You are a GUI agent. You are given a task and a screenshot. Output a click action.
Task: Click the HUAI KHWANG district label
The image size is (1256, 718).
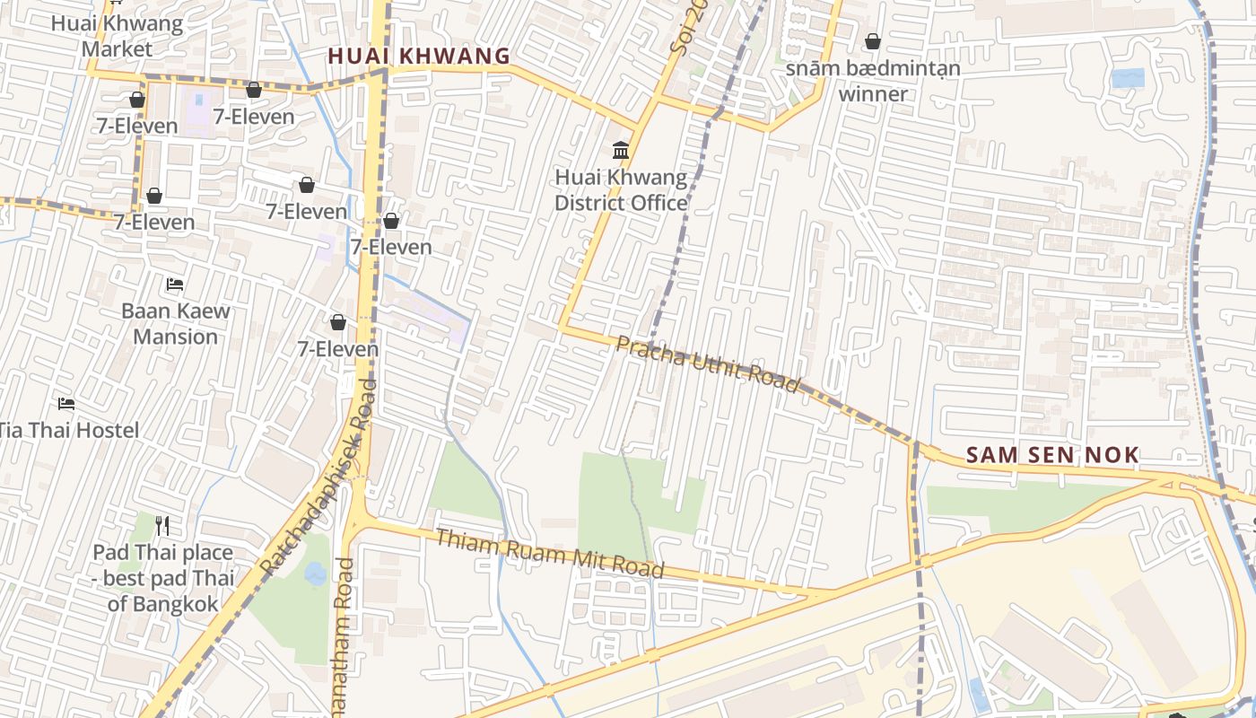tap(419, 56)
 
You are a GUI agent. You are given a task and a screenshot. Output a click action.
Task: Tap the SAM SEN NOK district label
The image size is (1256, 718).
tap(1052, 455)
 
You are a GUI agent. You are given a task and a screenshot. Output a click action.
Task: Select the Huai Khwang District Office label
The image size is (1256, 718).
tap(621, 190)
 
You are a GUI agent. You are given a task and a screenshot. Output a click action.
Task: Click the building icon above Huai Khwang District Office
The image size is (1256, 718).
tap(621, 150)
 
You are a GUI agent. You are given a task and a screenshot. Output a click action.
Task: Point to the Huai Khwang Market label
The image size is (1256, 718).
tap(117, 36)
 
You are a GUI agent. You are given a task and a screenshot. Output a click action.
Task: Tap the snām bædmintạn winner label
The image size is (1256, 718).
tap(873, 81)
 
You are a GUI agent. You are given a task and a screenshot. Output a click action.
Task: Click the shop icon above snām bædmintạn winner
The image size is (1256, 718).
tap(873, 41)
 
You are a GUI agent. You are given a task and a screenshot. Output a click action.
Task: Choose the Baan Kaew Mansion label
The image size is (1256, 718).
tap(176, 323)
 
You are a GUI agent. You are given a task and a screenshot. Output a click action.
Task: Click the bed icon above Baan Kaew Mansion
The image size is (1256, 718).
tap(175, 285)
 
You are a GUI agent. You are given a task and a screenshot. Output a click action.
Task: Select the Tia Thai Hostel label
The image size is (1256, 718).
tap(69, 430)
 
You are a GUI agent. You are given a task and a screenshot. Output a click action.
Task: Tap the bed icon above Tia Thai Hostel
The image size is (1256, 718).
tap(66, 403)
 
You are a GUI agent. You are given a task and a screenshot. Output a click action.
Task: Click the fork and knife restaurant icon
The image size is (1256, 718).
tap(162, 525)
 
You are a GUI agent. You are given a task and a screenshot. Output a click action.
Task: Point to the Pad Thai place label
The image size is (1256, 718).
tap(163, 553)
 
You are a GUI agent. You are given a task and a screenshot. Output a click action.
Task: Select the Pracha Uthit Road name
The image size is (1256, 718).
tap(707, 363)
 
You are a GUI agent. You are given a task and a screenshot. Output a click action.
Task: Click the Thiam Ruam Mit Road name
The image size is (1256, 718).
tap(549, 553)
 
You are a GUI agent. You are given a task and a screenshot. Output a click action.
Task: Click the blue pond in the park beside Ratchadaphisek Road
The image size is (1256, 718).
tap(316, 573)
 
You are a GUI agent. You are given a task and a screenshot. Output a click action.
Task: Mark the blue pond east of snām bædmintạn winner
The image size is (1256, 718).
tap(1128, 78)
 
